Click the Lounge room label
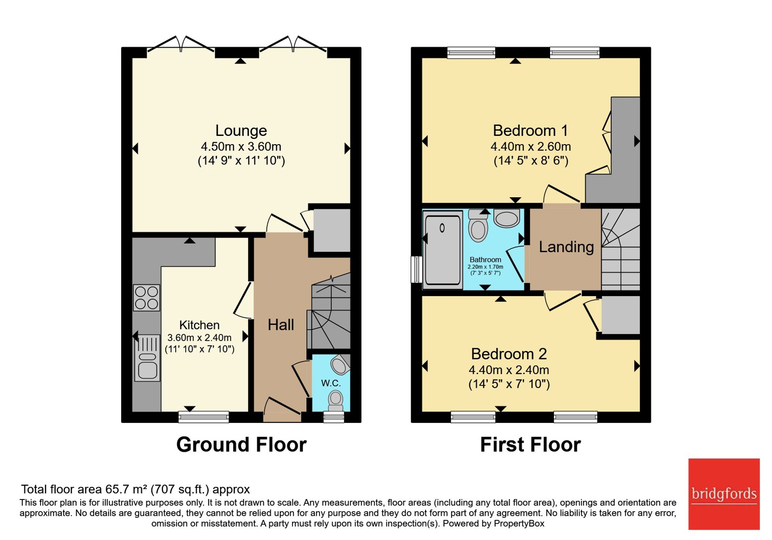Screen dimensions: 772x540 tap(241, 131)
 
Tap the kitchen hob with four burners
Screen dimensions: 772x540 tap(147, 298)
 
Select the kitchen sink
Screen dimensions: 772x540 tap(147, 358)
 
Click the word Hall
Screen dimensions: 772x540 tap(281, 325)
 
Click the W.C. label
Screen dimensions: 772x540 tap(331, 383)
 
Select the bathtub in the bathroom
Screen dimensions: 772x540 tap(442, 250)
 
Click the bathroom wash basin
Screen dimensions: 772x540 tap(507, 218)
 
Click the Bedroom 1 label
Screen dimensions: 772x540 tap(530, 131)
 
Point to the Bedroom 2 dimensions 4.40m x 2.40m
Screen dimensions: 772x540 tap(509, 370)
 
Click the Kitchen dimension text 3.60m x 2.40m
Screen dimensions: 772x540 tap(199, 337)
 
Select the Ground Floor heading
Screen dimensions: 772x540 tap(241, 445)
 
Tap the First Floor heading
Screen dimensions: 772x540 tap(530, 445)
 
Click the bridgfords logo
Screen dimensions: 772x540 tap(724, 494)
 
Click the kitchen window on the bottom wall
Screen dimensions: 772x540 tap(204, 417)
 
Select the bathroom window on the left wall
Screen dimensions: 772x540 tap(417, 270)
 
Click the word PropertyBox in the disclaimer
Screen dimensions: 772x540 tap(519, 524)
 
